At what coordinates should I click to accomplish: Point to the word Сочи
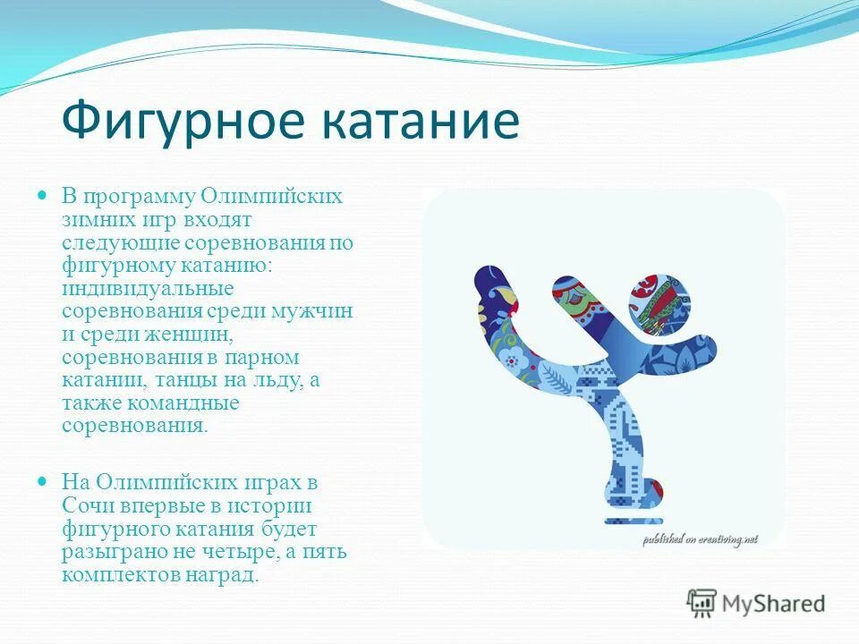pos(84,505)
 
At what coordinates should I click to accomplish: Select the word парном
pos(264,357)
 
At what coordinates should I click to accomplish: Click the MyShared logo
pos(756,603)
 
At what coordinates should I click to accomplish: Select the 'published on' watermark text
pos(699,538)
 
